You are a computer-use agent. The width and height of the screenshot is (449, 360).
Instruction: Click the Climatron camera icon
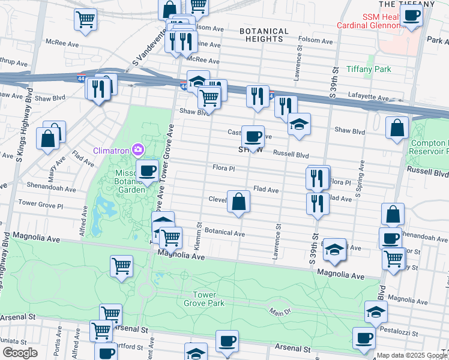(x=139, y=149)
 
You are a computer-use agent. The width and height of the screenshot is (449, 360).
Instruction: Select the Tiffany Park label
(x=369, y=69)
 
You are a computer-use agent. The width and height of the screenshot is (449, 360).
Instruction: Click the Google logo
(x=19, y=353)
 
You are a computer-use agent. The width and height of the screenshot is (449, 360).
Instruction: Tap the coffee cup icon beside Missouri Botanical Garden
(x=147, y=170)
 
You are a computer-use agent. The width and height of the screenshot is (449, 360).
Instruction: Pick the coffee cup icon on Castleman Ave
(x=253, y=136)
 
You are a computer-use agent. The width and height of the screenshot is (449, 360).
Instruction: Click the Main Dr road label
(x=280, y=312)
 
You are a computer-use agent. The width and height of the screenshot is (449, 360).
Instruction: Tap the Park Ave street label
(x=437, y=40)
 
